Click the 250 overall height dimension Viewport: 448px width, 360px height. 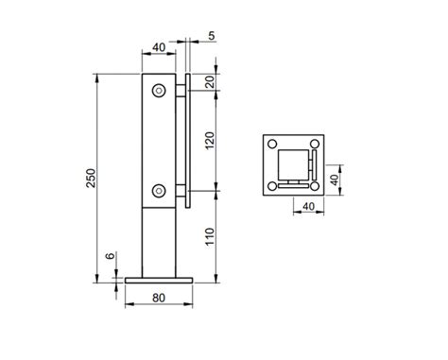(91, 179)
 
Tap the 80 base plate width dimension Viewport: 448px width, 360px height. (159, 298)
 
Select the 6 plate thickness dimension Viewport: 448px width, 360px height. (110, 255)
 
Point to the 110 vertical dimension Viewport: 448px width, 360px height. (210, 237)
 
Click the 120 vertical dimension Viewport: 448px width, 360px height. (210, 141)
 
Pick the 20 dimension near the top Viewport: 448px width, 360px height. (211, 82)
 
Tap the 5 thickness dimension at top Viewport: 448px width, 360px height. (212, 36)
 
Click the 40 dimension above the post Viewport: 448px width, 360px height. (159, 47)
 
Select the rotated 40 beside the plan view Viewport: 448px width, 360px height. (335, 180)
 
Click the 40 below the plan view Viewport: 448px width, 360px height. (308, 206)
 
